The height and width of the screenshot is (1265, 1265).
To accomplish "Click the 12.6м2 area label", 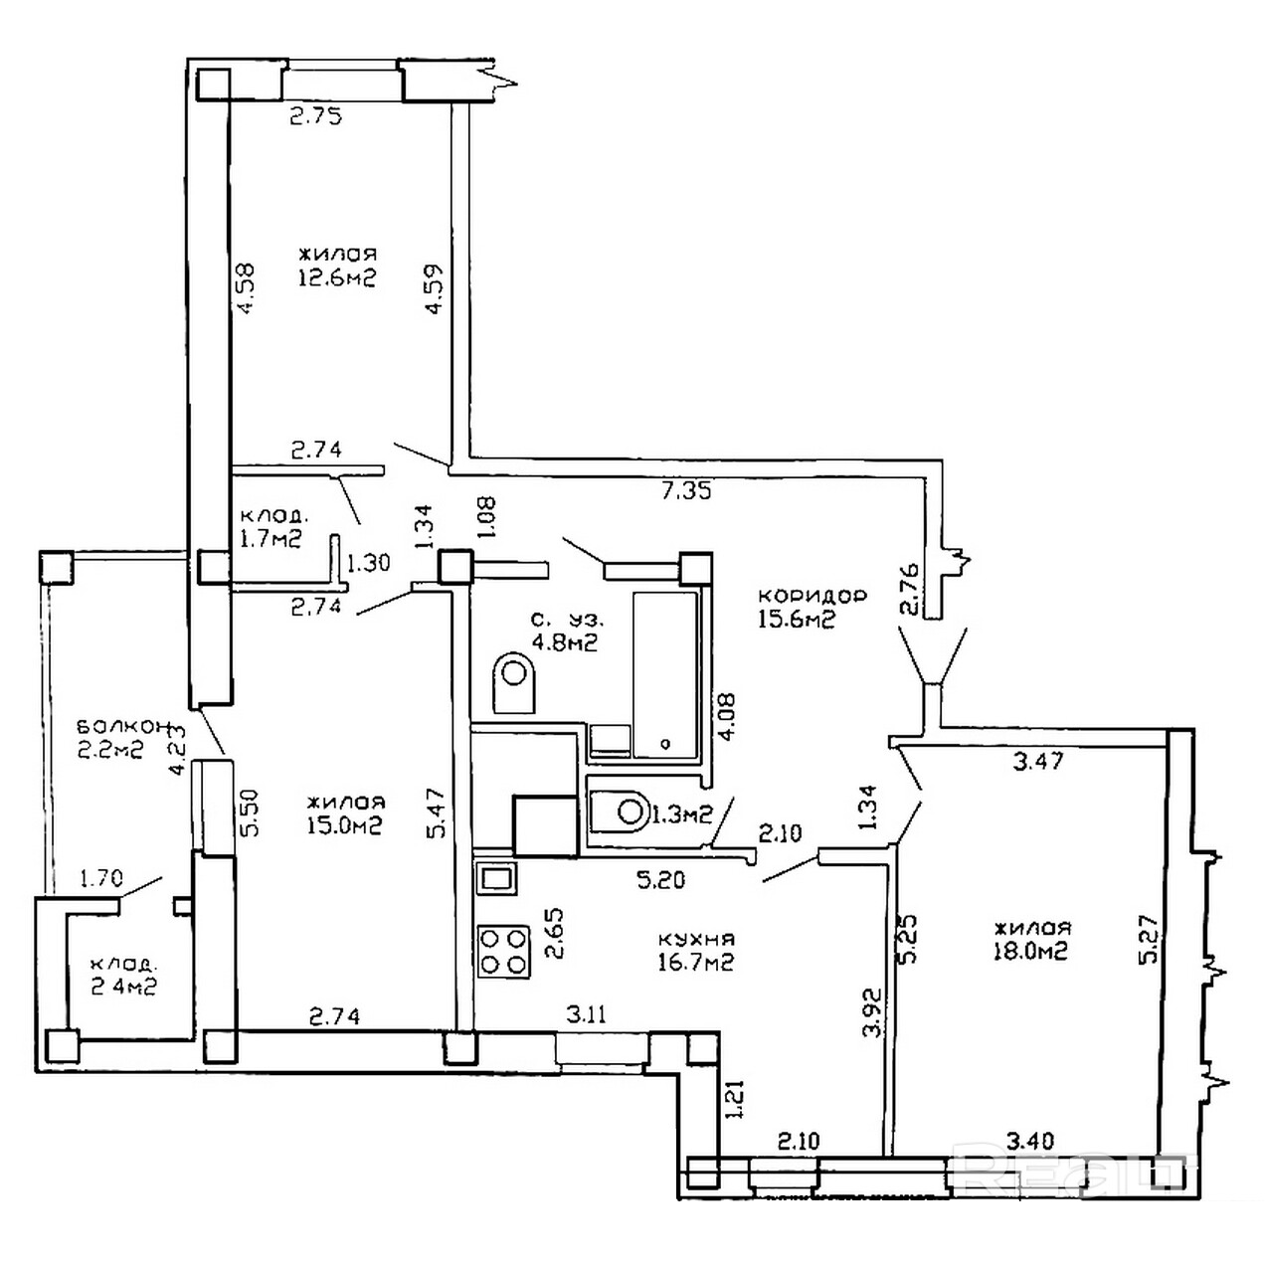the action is [x=336, y=278].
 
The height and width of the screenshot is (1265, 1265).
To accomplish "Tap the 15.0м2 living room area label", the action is [x=345, y=824].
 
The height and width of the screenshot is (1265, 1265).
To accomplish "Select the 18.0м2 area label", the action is [x=1030, y=952].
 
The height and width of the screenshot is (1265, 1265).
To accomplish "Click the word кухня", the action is [x=696, y=938].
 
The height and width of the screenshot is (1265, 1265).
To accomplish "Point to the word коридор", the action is [x=812, y=595].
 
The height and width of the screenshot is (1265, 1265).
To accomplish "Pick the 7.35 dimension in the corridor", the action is [x=686, y=490].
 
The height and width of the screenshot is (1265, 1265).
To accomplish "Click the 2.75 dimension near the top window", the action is [x=315, y=116].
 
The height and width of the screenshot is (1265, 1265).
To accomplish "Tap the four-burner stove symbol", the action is [x=504, y=951].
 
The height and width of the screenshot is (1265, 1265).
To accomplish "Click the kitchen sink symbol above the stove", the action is [x=495, y=877].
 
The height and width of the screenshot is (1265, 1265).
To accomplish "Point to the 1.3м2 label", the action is [x=682, y=814].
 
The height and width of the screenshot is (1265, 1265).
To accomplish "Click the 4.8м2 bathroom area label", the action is [x=565, y=642].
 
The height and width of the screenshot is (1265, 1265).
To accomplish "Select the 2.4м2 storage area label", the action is [x=123, y=987].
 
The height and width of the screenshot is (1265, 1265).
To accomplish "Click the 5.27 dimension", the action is [x=1150, y=938].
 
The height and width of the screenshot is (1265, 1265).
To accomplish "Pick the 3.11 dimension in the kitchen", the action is [x=587, y=1015].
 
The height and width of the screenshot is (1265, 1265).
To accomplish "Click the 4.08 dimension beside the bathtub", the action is [x=729, y=716].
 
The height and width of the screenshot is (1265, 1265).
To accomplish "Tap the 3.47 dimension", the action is [x=1037, y=762].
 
